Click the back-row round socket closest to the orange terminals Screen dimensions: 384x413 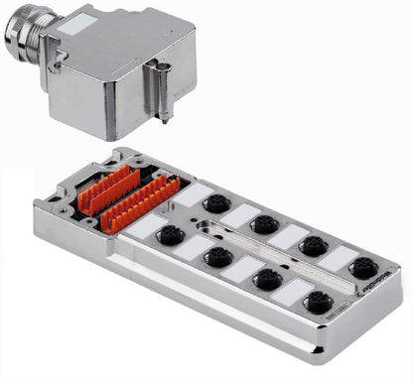click(x=216, y=204)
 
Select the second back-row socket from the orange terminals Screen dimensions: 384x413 click(x=264, y=224)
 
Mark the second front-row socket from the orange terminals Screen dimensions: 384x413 click(x=216, y=257)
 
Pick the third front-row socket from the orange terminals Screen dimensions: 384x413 click(x=266, y=279)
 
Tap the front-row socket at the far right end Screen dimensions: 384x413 click(x=319, y=302)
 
